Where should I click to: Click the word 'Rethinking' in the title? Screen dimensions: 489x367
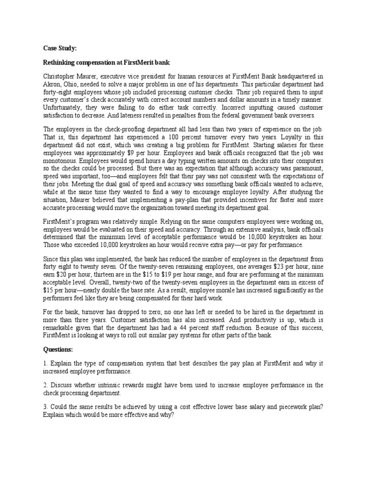tap(60, 63)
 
